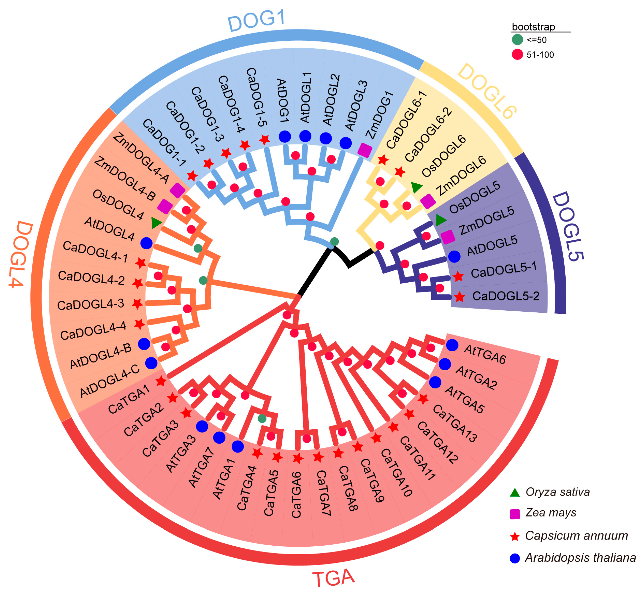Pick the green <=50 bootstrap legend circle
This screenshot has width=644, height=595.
tap(517, 40)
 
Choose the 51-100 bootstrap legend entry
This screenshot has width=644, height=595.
tap(540, 55)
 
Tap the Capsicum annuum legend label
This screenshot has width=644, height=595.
tap(576, 535)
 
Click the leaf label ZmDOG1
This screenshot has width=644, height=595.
tap(380, 115)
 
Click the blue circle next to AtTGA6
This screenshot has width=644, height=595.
tap(452, 345)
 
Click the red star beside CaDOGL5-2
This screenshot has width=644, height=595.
tap(459, 297)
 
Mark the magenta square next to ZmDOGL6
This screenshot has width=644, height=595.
tap(428, 201)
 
